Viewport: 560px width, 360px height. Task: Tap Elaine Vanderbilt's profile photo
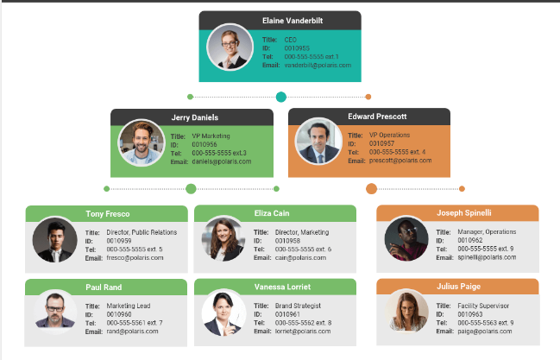[x=230, y=47]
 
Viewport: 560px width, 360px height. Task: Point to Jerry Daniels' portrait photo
[x=141, y=142]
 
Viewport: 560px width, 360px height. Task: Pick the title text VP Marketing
[x=211, y=136]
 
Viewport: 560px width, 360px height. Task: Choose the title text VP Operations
[x=390, y=135]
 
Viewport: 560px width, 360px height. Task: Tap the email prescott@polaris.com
[x=398, y=161]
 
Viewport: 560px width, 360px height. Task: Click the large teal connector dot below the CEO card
[x=280, y=98]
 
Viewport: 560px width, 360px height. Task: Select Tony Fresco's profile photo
[x=54, y=240]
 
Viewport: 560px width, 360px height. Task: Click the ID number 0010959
[x=119, y=241]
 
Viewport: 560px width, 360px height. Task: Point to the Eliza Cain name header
[x=275, y=213]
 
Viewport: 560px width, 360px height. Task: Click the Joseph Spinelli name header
[x=463, y=212]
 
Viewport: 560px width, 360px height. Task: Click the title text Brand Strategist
[x=298, y=306]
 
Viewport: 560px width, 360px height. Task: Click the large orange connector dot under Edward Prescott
[x=372, y=188]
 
